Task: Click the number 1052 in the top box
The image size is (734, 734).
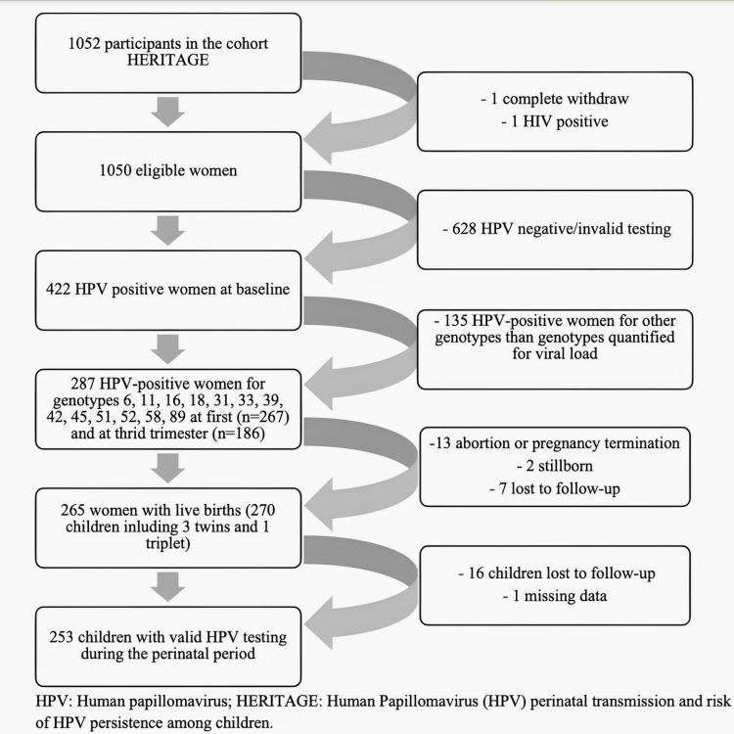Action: [x=84, y=43]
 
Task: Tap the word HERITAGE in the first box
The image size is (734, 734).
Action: [x=168, y=60]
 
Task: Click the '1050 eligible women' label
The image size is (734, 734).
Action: [x=168, y=170]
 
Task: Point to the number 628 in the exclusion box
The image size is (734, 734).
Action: [x=464, y=228]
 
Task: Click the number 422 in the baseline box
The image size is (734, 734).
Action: [x=58, y=289]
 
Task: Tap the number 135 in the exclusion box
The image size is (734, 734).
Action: [x=455, y=321]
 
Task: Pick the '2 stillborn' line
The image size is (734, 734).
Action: [x=555, y=466]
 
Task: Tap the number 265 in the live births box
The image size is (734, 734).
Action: [x=73, y=510]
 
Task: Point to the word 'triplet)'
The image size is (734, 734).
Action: [x=168, y=543]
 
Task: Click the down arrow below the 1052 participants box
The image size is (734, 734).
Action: [x=168, y=112]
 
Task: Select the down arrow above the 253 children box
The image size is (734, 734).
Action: [x=168, y=587]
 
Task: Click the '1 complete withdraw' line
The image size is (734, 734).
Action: [x=555, y=99]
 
